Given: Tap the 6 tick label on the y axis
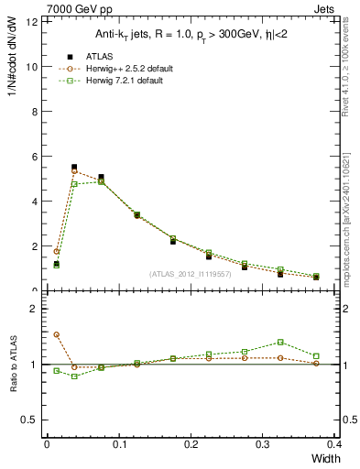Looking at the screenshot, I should [x=34, y=157].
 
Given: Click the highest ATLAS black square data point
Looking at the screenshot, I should [x=74, y=168].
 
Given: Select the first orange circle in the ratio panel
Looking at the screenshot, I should [x=56, y=334].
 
